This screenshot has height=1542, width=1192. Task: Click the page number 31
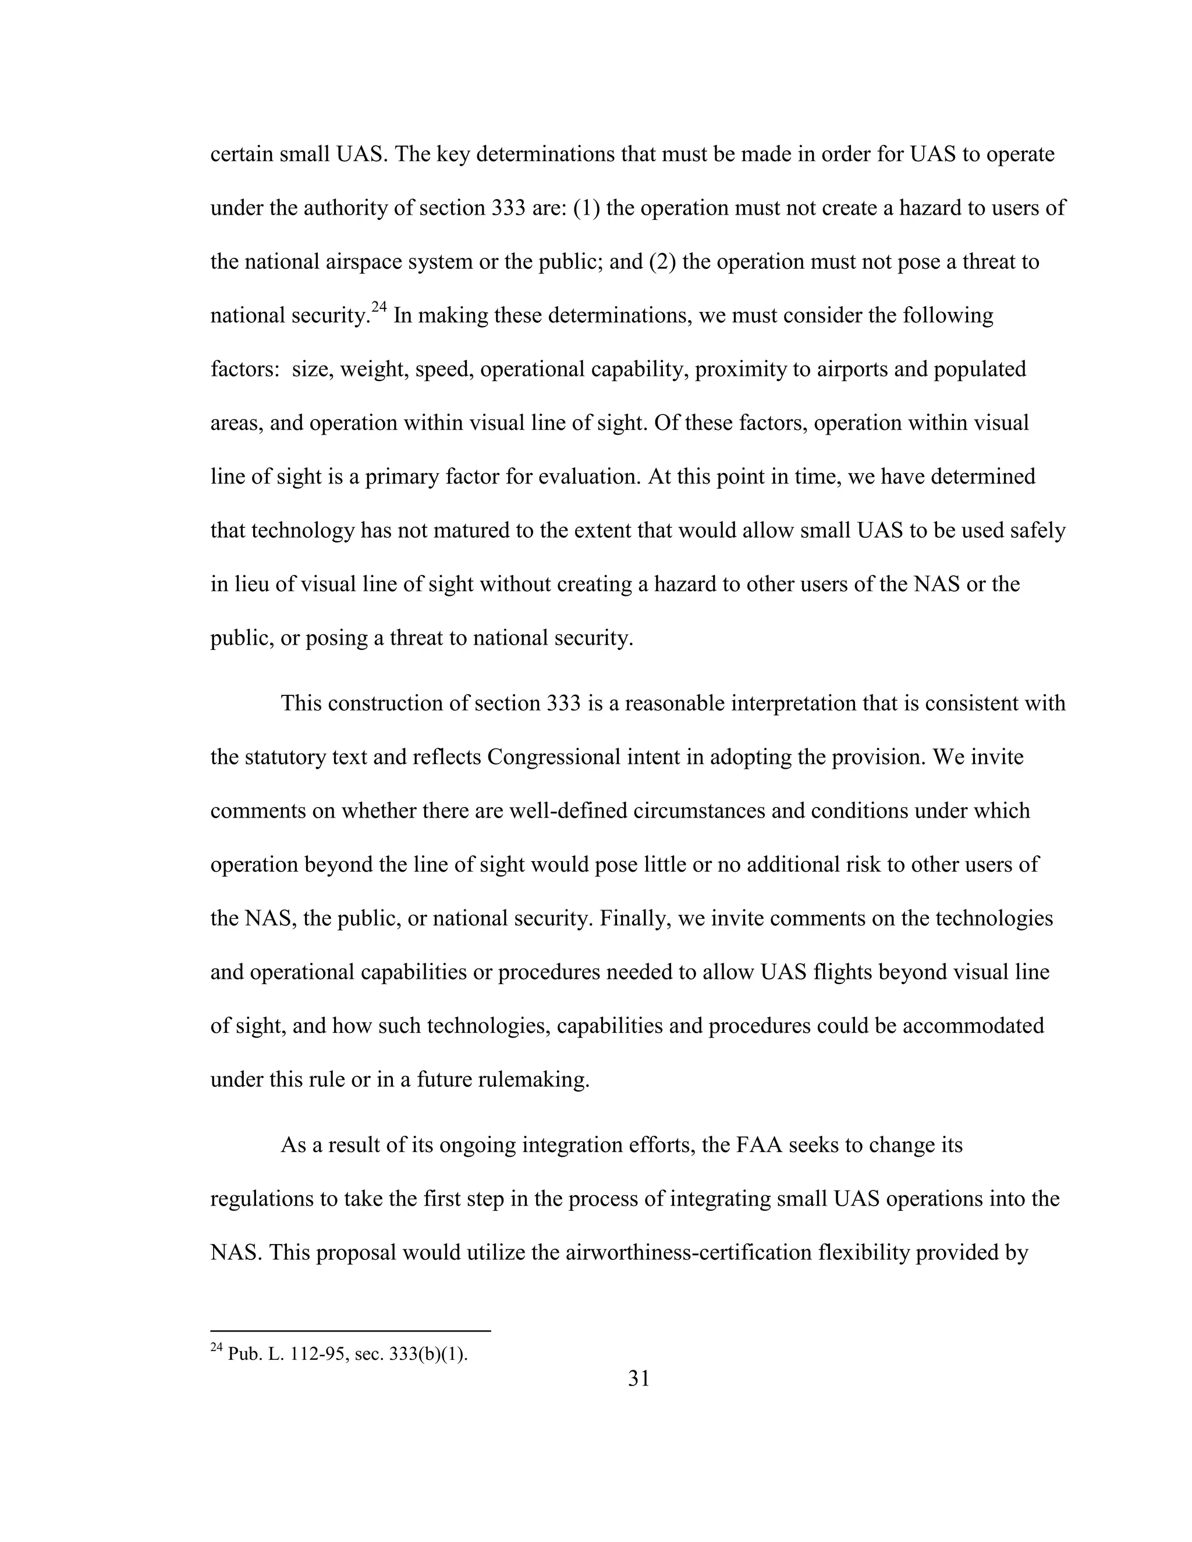[638, 1377]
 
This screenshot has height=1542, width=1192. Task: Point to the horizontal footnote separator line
[350, 1331]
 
